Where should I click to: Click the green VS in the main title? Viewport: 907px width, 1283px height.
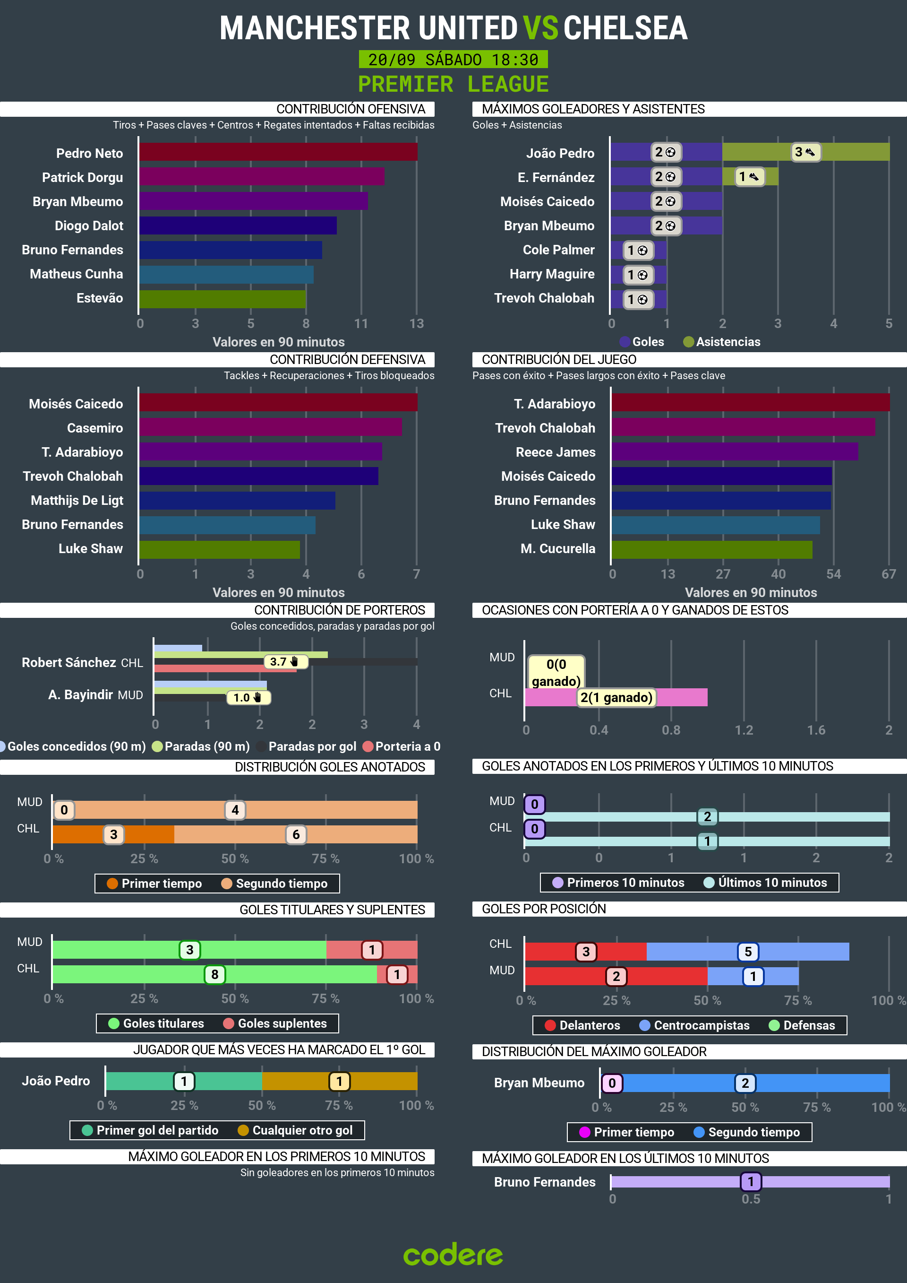pyautogui.click(x=540, y=28)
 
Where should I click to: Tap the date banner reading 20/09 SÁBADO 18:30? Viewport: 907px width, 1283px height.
pyautogui.click(x=453, y=59)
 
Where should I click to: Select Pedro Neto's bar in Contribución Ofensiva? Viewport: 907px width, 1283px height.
pyautogui.click(x=278, y=152)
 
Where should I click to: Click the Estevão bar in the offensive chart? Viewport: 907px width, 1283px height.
pyautogui.click(x=222, y=299)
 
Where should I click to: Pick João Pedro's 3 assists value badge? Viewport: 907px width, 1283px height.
pyautogui.click(x=805, y=152)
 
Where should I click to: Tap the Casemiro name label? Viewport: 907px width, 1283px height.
pyautogui.click(x=95, y=428)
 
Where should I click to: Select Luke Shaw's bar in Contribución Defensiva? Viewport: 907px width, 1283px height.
pyautogui.click(x=220, y=549)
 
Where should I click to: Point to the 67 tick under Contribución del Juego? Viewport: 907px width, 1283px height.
pyautogui.click(x=888, y=574)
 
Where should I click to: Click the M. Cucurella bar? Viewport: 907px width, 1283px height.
pyautogui.click(x=711, y=549)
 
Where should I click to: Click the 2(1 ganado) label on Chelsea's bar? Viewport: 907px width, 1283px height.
pyautogui.click(x=616, y=697)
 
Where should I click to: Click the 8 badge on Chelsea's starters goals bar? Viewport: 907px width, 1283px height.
pyautogui.click(x=214, y=975)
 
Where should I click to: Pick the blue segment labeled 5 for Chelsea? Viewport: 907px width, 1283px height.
pyautogui.click(x=747, y=952)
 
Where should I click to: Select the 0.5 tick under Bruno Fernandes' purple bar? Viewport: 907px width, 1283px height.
pyautogui.click(x=750, y=1199)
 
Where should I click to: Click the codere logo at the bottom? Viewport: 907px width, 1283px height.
pyautogui.click(x=453, y=1255)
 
